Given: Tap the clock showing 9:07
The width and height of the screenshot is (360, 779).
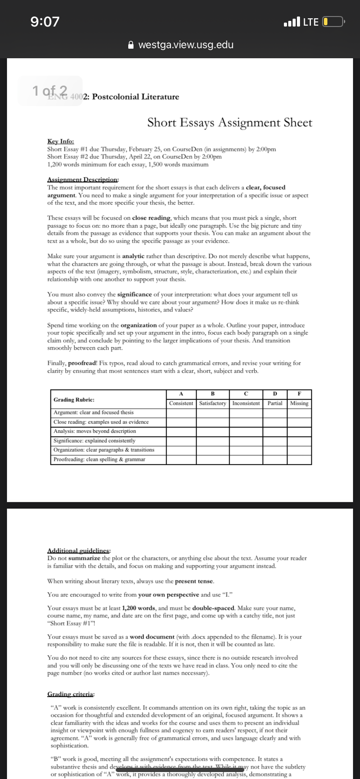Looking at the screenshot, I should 45,21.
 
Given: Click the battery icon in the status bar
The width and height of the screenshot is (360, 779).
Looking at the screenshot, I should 333,21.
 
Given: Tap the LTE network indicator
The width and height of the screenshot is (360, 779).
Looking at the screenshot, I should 310,22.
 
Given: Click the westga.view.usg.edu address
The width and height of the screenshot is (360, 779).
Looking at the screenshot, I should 186,45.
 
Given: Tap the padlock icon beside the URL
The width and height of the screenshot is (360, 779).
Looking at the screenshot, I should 130,45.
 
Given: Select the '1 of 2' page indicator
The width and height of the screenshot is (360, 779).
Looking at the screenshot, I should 50,90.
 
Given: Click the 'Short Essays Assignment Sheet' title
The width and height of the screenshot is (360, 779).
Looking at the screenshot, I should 230,123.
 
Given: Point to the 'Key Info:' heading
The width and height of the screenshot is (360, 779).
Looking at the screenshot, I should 60,141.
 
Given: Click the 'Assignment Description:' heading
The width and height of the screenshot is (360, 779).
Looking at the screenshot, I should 83,180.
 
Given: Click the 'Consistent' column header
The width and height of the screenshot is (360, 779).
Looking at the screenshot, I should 181,403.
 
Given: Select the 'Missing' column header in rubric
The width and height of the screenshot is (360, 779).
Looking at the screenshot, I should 299,403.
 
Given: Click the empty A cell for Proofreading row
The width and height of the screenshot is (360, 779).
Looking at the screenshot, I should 181,459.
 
